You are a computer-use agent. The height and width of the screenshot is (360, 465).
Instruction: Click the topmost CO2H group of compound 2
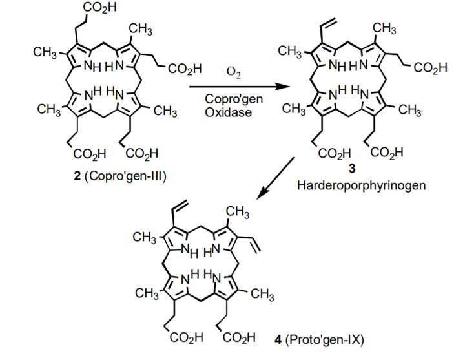[99, 8]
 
